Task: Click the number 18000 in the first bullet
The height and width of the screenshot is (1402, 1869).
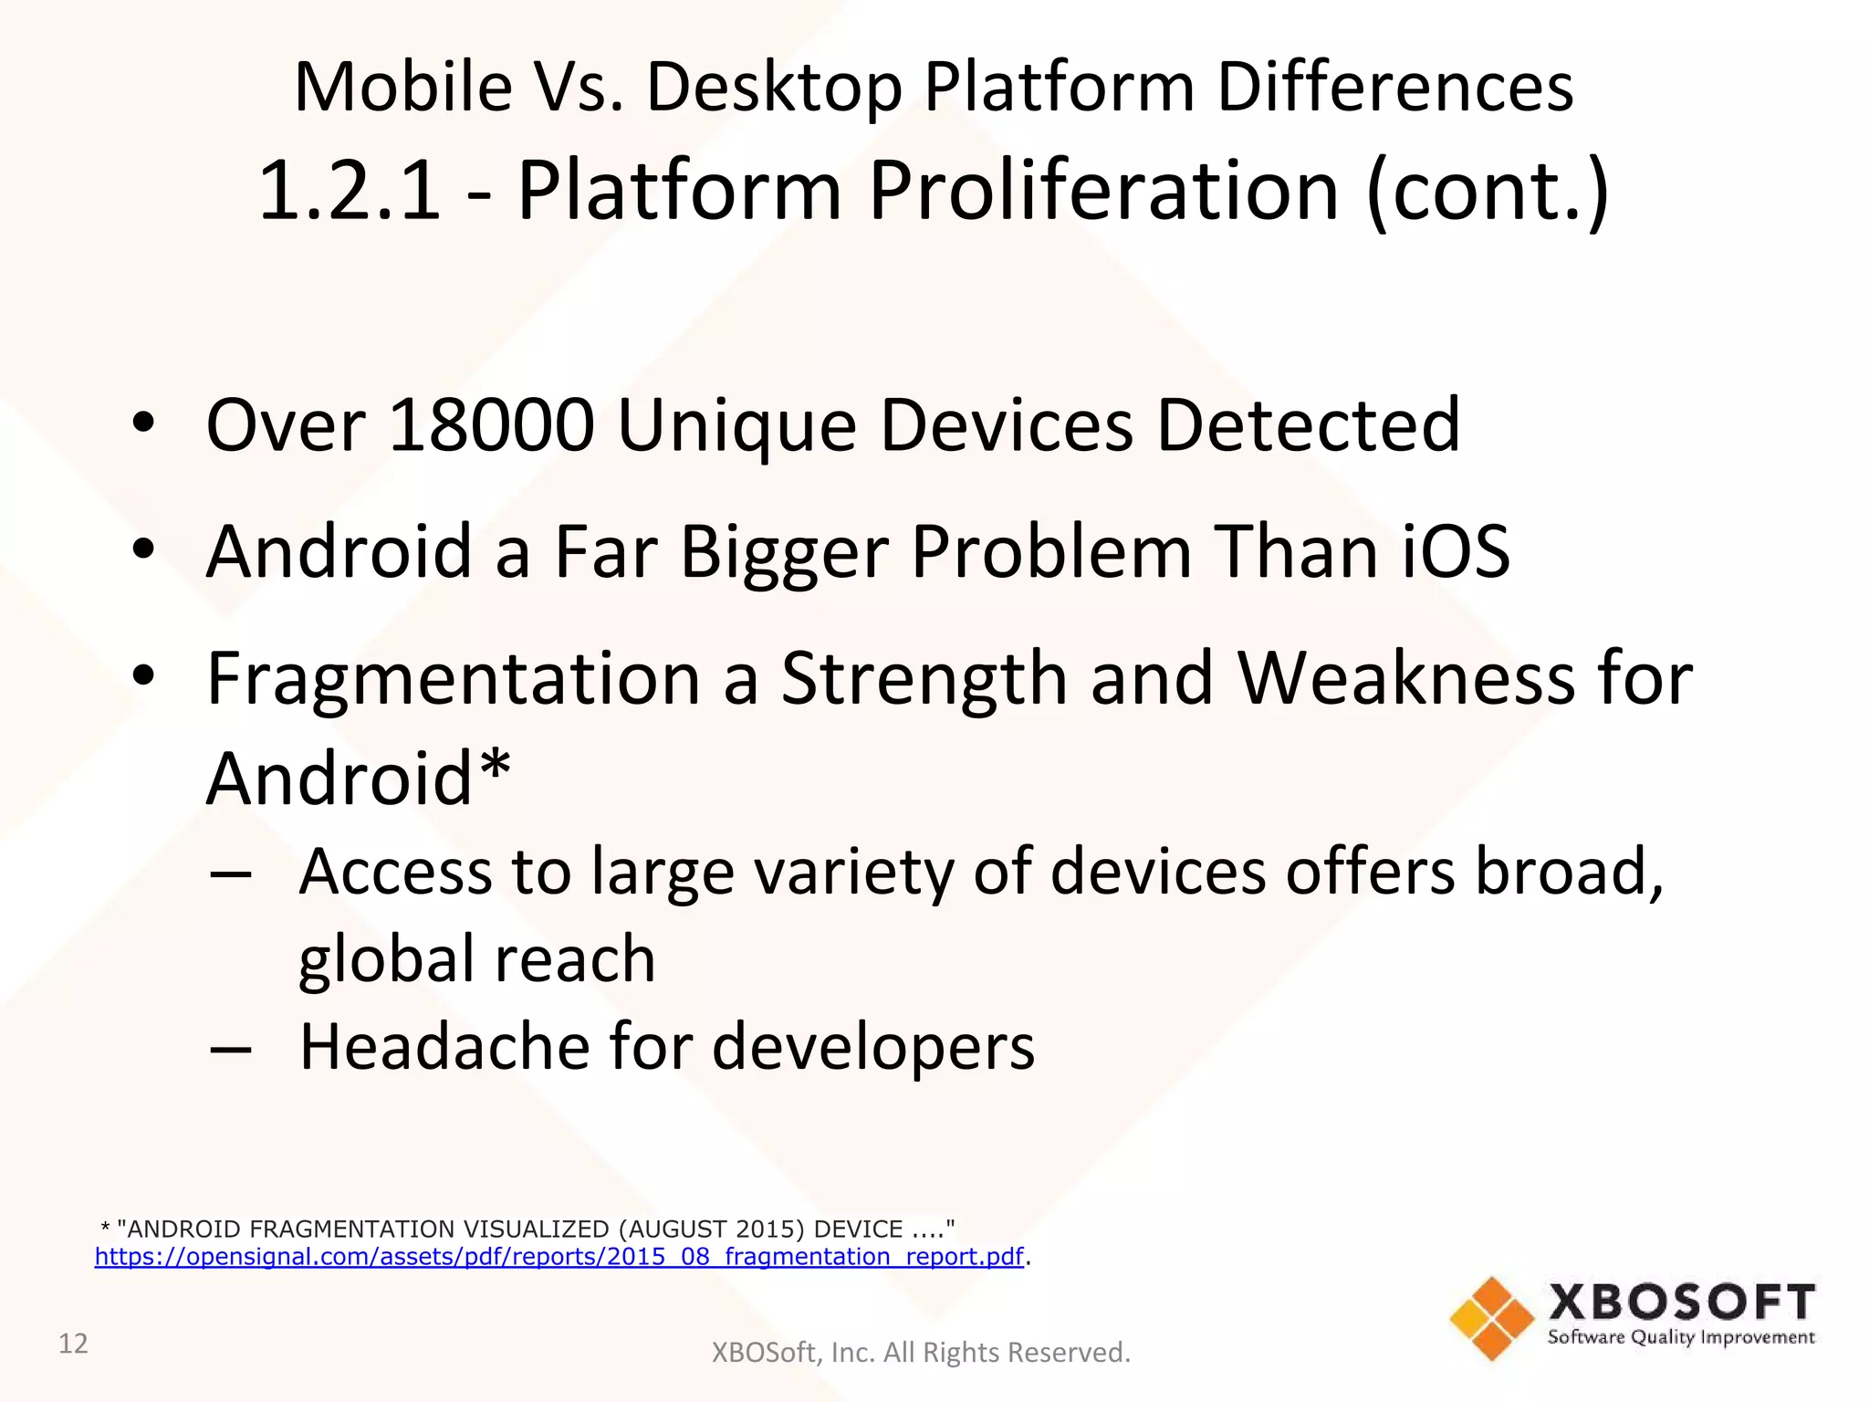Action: pyautogui.click(x=491, y=425)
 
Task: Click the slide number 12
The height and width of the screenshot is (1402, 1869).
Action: pyautogui.click(x=73, y=1344)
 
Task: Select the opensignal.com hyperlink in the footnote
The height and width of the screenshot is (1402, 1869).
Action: pyautogui.click(x=559, y=1257)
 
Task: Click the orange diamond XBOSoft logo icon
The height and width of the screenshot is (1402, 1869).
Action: pyautogui.click(x=1491, y=1318)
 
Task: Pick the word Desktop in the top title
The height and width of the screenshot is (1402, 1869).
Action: pyautogui.click(x=774, y=88)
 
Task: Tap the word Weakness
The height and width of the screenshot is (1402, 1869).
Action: pyautogui.click(x=1405, y=679)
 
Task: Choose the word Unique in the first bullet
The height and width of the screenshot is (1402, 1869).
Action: pyautogui.click(x=736, y=427)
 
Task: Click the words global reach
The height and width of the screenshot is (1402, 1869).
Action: pyautogui.click(x=476, y=960)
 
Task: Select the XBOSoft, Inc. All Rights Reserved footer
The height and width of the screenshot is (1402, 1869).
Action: pyautogui.click(x=920, y=1352)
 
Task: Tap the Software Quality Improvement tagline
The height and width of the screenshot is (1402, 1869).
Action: pyautogui.click(x=1680, y=1337)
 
